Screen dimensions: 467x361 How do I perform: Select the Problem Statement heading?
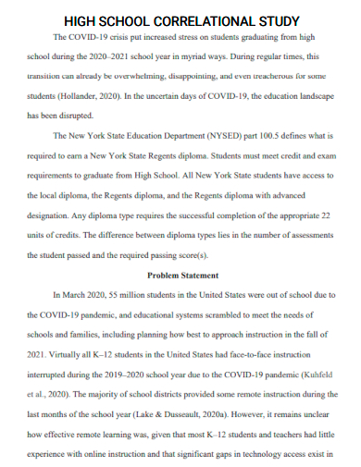tap(182, 275)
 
